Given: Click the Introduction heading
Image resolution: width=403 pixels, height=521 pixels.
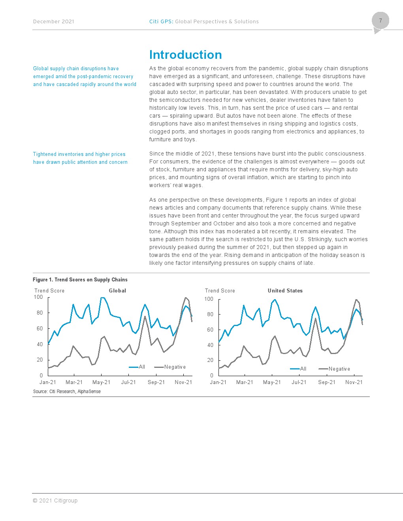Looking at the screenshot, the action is (x=185, y=54).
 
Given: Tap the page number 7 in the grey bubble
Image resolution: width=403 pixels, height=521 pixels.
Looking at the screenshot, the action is (x=380, y=21).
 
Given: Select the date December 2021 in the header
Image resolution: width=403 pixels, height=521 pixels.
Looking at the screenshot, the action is (x=53, y=22).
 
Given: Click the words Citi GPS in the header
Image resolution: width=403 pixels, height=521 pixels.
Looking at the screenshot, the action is (x=160, y=22).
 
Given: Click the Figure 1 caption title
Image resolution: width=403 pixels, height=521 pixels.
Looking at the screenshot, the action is (x=80, y=279).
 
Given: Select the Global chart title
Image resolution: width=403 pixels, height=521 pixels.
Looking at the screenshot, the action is (x=117, y=290).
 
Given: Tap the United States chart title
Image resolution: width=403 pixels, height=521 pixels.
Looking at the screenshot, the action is (x=285, y=290).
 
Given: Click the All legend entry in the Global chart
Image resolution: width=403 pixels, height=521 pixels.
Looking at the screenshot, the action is (x=137, y=367).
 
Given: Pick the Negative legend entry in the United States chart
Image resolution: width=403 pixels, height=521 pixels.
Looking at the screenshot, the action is (x=334, y=369).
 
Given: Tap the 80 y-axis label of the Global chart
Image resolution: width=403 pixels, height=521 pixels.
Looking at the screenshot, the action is (x=40, y=313).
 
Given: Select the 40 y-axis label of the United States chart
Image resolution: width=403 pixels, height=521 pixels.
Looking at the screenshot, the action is (x=210, y=345).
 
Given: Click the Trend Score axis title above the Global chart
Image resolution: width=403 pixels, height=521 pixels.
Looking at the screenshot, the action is (x=49, y=290).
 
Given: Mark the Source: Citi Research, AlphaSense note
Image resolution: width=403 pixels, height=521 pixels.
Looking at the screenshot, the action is (x=67, y=391).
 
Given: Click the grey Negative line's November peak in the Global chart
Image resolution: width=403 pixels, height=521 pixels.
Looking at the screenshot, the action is (x=186, y=298).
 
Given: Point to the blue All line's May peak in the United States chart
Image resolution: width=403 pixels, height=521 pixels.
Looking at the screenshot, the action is (x=275, y=300).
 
